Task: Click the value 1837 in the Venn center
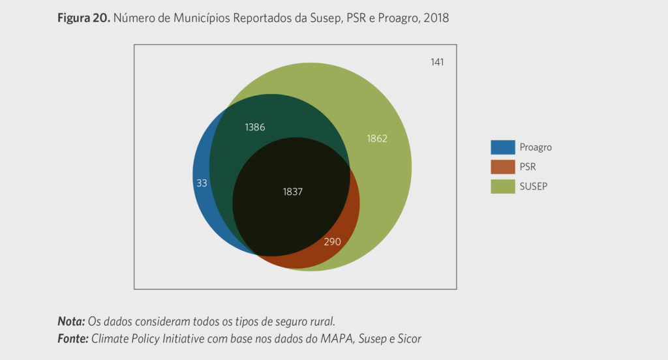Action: [293, 192]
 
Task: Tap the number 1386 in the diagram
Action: [255, 127]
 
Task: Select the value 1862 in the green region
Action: [377, 138]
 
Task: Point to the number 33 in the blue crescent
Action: [202, 183]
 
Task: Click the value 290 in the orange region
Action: [332, 242]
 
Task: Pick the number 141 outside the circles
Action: [437, 62]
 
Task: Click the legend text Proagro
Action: [536, 147]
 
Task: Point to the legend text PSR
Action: [528, 167]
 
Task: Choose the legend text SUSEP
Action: [533, 187]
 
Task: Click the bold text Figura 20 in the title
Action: [84, 18]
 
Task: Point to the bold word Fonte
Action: [73, 338]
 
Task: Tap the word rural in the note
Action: [322, 322]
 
